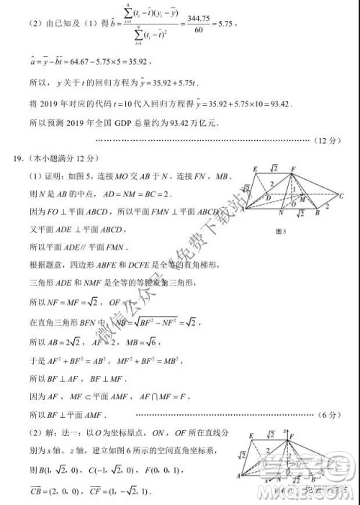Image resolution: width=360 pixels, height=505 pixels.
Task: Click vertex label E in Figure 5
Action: point(256,169)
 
